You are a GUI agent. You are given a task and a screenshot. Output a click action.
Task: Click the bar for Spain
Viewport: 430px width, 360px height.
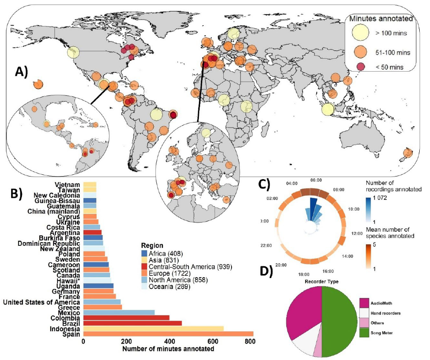click(x=168, y=334)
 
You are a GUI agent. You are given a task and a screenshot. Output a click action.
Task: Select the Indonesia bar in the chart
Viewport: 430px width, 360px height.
click(x=153, y=328)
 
